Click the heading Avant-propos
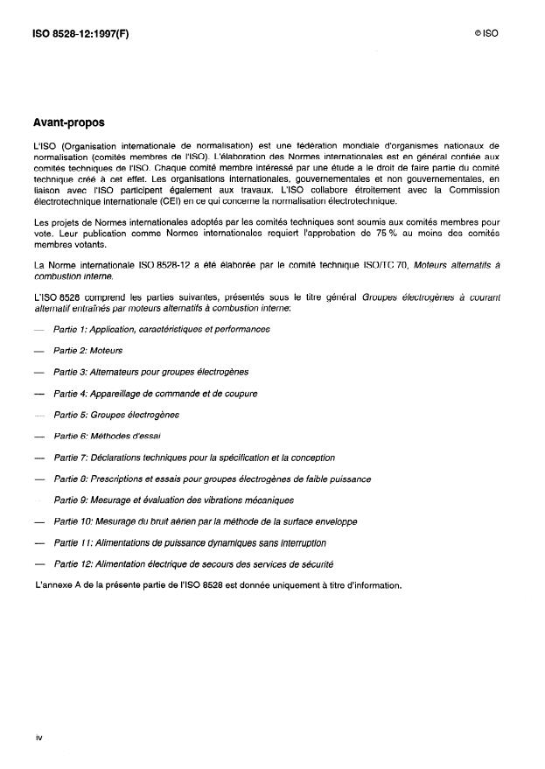pos(69,123)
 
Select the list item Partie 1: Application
pos(162,329)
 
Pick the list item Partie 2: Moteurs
pos(87,351)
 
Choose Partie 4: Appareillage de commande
pos(156,394)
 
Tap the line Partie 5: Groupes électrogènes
pos(116,415)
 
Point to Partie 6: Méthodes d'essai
pos(107,436)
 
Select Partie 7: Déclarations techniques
pos(194,458)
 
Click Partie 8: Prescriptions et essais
pos(213,479)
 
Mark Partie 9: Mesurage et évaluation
pos(174,500)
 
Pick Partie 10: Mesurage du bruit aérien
pos(206,521)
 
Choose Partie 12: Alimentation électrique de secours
pos(193,564)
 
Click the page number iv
pos(39,738)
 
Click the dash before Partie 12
pos(39,564)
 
